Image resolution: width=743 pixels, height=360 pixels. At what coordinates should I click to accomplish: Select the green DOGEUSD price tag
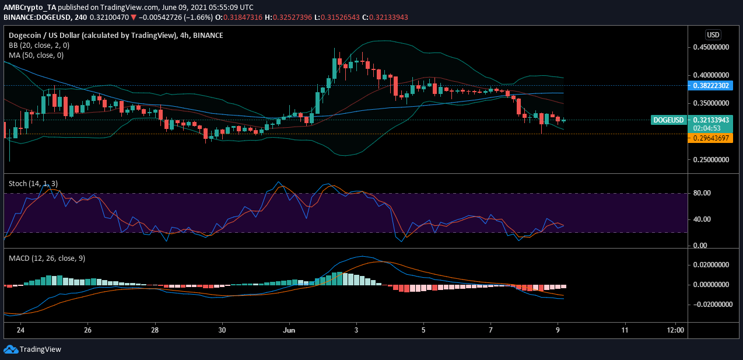click(668, 120)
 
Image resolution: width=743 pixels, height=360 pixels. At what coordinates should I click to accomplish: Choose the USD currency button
click(712, 34)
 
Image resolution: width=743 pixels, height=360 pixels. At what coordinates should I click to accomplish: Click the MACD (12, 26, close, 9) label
click(47, 258)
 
